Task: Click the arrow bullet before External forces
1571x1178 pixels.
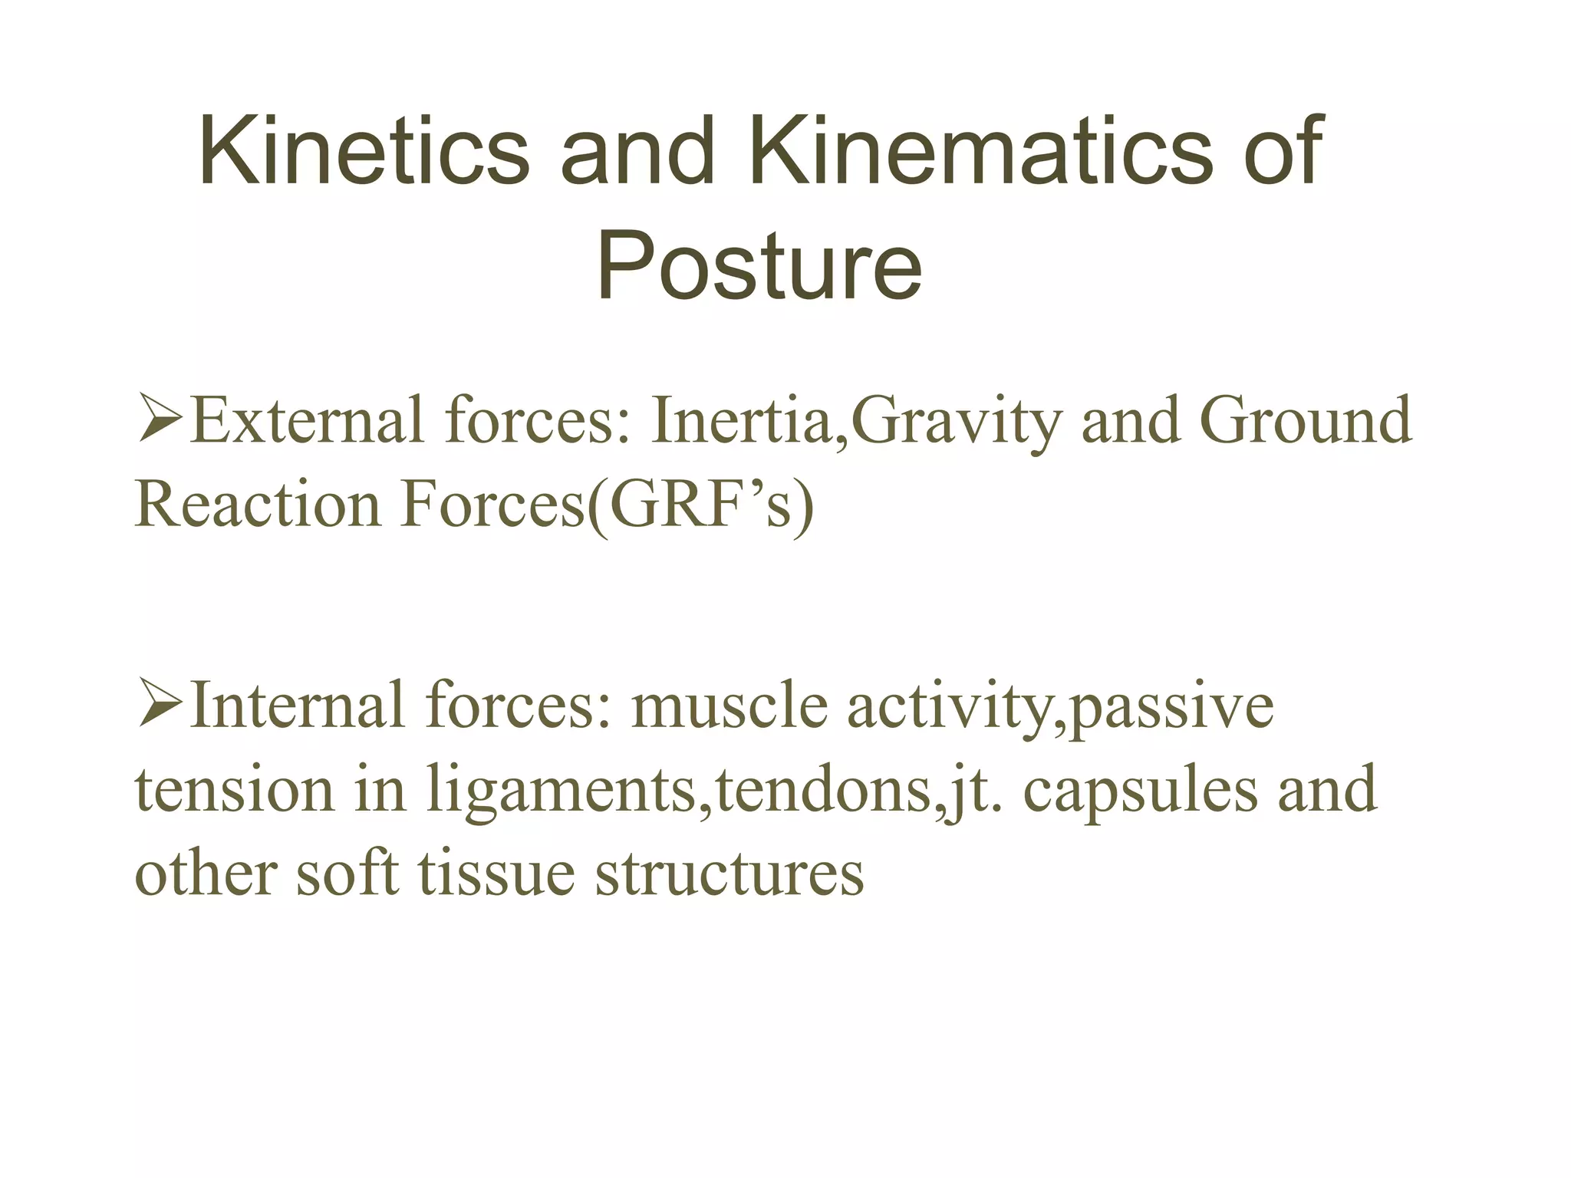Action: [x=159, y=421]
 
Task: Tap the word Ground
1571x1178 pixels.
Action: [x=1305, y=421]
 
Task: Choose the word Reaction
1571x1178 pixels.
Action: [x=257, y=505]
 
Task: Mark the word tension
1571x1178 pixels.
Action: [x=234, y=791]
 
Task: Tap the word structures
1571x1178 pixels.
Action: [x=730, y=874]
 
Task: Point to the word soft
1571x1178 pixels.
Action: [x=347, y=874]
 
